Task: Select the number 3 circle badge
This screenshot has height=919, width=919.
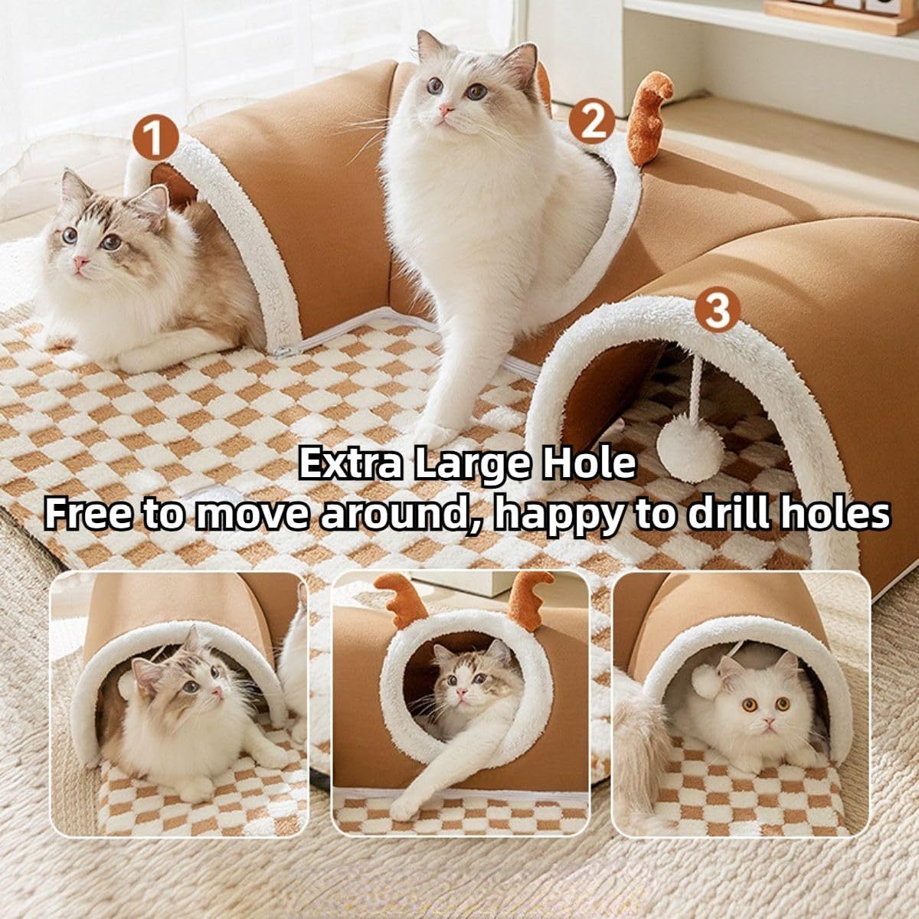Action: click(717, 310)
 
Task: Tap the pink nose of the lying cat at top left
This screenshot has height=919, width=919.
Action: click(80, 263)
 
